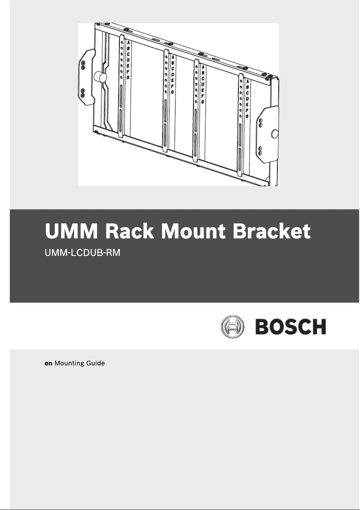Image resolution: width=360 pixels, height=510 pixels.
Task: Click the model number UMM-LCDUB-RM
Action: click(x=83, y=253)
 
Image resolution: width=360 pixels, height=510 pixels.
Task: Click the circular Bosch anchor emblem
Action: click(x=233, y=326)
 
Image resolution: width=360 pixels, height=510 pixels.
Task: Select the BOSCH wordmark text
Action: click(x=290, y=327)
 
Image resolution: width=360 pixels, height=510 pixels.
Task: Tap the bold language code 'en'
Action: click(x=48, y=363)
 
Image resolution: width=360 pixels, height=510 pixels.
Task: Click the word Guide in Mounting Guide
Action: click(x=96, y=363)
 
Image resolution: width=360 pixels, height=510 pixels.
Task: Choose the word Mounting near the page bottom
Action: click(x=70, y=363)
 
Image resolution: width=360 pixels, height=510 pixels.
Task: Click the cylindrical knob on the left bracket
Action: click(x=101, y=78)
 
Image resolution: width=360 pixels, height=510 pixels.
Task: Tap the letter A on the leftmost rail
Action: click(x=128, y=43)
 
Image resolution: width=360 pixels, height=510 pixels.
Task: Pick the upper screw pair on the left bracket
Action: click(x=83, y=64)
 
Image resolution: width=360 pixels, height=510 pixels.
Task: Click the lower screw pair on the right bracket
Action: click(x=259, y=150)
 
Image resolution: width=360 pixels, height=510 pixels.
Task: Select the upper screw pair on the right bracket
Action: click(x=259, y=123)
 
